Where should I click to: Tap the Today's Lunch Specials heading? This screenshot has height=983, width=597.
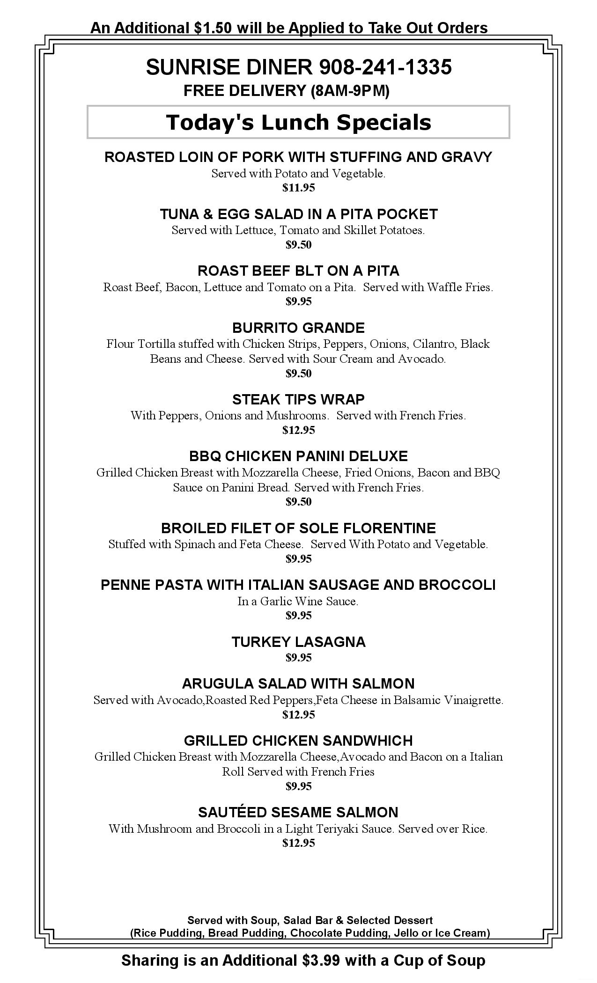298,122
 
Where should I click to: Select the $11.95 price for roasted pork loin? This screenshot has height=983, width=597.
298,188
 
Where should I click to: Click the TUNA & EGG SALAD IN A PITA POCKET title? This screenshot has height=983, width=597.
298,214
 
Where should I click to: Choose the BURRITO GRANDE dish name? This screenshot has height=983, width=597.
298,328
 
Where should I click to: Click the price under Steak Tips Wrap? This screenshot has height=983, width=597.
298,430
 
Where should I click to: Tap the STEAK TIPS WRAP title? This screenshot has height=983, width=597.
298,399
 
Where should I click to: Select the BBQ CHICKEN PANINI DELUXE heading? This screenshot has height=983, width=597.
298,456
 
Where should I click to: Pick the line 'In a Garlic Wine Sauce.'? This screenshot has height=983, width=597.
298,602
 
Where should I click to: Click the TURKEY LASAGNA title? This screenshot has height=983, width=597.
298,642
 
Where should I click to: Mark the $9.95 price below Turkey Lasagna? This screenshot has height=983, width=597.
298,658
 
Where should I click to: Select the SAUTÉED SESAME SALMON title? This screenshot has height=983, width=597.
298,812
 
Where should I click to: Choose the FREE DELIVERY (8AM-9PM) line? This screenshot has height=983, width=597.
287,91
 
